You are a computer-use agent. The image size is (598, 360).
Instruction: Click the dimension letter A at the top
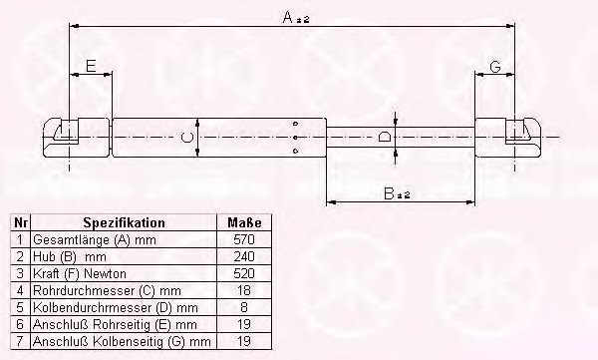[x=288, y=17]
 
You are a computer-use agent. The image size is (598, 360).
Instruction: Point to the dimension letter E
[x=91, y=66]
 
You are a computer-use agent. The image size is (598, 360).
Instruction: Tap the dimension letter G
[x=495, y=67]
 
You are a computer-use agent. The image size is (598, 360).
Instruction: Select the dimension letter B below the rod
[x=389, y=193]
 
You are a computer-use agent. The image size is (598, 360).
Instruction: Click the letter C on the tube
[x=187, y=138]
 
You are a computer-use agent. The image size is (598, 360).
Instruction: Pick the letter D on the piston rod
[x=384, y=137]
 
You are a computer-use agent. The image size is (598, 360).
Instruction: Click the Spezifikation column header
[x=124, y=222]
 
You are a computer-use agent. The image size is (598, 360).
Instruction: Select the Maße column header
[x=244, y=222]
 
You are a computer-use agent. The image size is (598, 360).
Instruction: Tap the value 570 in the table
[x=244, y=239]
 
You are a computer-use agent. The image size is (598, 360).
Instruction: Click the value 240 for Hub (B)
[x=244, y=256]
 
